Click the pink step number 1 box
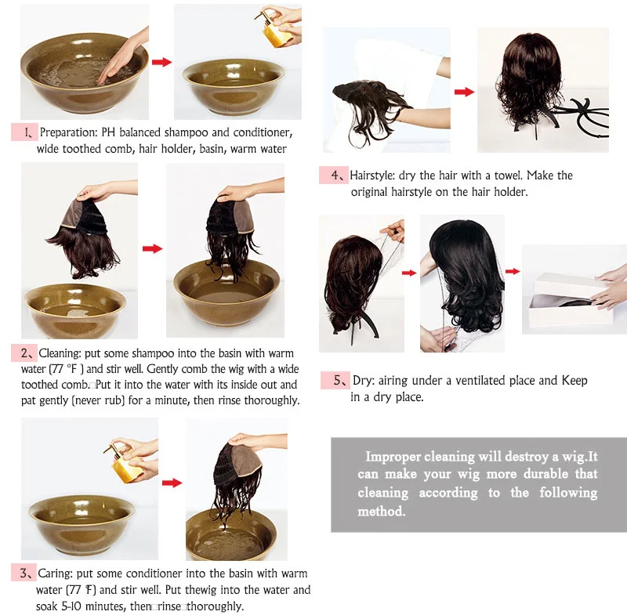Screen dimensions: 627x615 [x=24, y=132]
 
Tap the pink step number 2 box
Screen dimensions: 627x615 [x=24, y=353]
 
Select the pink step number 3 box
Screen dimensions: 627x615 [x=24, y=573]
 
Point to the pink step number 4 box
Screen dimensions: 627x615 [x=334, y=175]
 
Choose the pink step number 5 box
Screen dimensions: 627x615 [x=335, y=380]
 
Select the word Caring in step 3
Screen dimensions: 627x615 [x=55, y=573]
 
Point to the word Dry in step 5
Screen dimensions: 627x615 [x=363, y=381]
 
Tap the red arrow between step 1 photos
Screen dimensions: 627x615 [x=161, y=62]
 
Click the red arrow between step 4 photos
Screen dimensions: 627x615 [x=464, y=92]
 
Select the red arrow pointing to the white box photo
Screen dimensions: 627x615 [x=513, y=271]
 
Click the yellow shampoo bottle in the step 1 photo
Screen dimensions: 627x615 [x=277, y=29]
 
